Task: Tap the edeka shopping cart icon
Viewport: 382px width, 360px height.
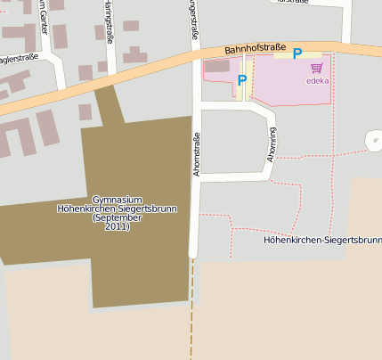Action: [x=316, y=68]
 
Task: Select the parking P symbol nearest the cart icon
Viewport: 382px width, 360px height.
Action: [x=297, y=53]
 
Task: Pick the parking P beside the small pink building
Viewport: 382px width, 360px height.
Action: [x=241, y=80]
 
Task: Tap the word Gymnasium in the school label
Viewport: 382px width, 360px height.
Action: [x=117, y=199]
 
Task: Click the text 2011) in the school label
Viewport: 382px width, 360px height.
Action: [x=117, y=227]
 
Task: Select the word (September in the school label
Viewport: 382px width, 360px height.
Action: [x=117, y=218]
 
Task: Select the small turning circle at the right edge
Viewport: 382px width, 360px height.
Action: [x=373, y=140]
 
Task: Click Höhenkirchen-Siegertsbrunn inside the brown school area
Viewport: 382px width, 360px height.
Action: [x=117, y=209]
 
